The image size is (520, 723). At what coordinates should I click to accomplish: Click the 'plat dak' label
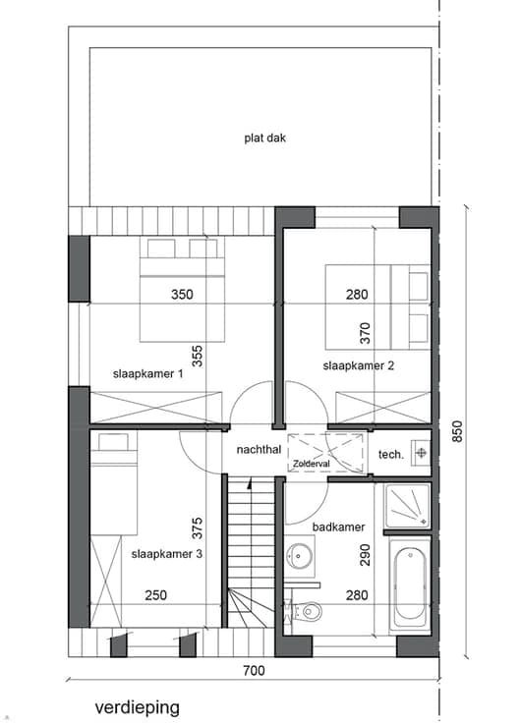264,138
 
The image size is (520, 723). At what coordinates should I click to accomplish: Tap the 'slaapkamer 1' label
147,373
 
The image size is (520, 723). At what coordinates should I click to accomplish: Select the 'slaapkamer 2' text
359,365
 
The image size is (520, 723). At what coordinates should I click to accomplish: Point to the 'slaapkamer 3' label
166,554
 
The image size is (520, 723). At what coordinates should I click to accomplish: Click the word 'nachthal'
259,449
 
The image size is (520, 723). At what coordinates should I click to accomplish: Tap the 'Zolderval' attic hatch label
311,464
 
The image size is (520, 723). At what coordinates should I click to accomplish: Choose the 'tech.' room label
391,455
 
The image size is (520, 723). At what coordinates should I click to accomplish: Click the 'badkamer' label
339,527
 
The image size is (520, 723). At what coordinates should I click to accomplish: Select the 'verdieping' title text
138,707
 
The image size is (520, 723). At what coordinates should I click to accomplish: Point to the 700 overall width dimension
255,670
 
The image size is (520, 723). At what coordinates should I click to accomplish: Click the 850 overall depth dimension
457,431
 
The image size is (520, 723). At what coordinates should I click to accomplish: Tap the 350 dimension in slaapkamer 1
182,294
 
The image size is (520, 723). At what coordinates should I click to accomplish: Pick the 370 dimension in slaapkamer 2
365,333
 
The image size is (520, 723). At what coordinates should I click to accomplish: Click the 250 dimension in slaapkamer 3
156,595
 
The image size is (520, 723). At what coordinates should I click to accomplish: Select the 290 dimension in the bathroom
365,555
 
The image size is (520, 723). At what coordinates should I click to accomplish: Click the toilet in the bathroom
309,612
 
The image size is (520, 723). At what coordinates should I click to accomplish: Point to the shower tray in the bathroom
408,505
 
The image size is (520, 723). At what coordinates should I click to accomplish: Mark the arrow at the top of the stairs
249,483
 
